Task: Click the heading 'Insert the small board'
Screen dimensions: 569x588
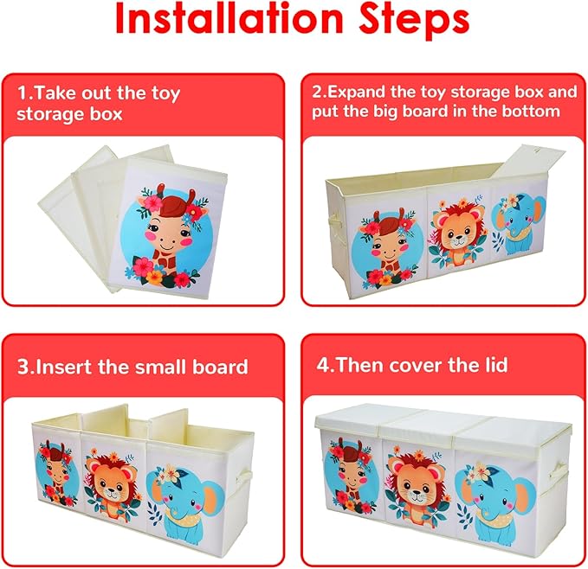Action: pos(133,366)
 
